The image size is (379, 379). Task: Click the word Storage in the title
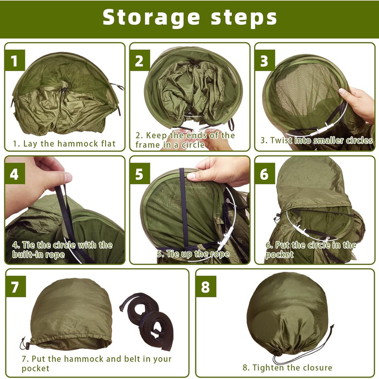151,17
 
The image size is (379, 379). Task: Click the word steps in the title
244,17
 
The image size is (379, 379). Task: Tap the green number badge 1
15,61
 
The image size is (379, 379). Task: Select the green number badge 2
140,61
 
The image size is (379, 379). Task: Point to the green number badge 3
265,61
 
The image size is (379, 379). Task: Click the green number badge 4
15,174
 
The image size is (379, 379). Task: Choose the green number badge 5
140,174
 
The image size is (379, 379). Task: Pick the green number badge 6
265,174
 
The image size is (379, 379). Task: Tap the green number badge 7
16,286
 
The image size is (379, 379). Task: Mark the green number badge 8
206,286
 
